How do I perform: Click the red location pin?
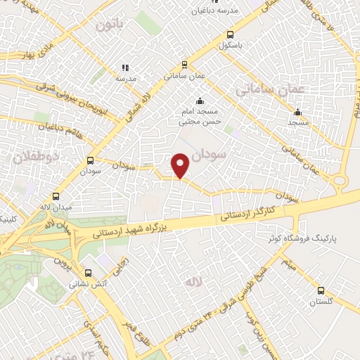181,165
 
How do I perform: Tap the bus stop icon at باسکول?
230,34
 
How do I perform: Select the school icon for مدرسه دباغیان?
194,2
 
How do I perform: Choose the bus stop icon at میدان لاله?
56,197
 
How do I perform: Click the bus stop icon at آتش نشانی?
87,274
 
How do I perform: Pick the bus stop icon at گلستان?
321,290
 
